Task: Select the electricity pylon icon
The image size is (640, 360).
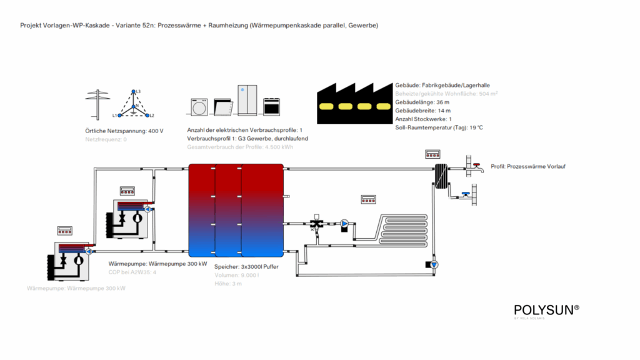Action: tap(95, 103)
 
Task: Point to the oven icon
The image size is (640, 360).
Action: tap(271, 106)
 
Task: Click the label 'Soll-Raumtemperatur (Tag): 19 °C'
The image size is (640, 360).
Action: tap(439, 127)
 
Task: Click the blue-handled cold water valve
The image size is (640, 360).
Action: tap(466, 194)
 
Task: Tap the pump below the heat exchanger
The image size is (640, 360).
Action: tap(434, 264)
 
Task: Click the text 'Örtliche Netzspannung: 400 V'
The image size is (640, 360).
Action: tap(124, 131)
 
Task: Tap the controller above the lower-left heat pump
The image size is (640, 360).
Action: tap(65, 231)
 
